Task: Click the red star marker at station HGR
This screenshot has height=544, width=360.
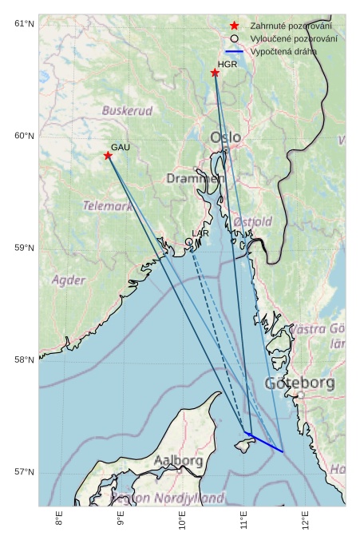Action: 215,73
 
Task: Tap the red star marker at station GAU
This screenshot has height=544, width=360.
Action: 108,155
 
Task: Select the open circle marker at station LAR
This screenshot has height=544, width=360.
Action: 189,241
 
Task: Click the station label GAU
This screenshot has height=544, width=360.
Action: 120,147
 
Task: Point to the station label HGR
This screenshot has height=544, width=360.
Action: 227,64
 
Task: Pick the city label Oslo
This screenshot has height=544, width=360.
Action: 225,137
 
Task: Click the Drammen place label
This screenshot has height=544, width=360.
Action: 194,178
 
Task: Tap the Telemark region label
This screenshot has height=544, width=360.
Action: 107,205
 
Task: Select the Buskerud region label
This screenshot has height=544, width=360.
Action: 127,110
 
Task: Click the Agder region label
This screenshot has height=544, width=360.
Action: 69,280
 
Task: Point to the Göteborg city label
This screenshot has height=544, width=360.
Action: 299,383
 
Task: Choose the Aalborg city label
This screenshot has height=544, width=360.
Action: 178,461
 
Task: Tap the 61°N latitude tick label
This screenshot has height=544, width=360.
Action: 24,23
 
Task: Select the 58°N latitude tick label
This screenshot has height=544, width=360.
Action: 24,360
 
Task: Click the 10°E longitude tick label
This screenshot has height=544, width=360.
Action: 182,521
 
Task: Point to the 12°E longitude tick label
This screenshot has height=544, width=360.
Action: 306,521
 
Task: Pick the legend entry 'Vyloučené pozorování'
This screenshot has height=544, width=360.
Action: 293,38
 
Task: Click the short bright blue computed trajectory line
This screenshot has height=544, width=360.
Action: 264,442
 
